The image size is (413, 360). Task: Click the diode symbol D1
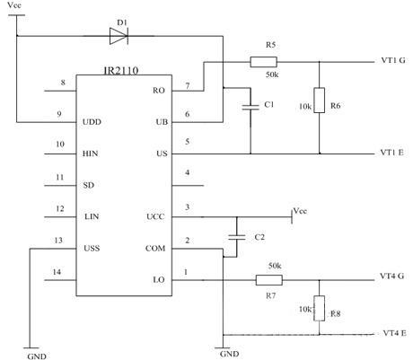tap(119, 36)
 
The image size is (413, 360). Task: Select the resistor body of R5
tap(263, 62)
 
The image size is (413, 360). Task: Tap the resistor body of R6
tap(319, 101)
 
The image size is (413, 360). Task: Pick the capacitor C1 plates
tap(250, 108)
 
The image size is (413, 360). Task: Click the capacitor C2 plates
tap(237, 238)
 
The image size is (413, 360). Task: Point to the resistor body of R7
tap(268, 280)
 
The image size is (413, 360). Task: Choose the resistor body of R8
tap(319, 308)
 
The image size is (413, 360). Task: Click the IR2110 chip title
tap(121, 71)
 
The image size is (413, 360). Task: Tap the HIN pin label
tap(90, 154)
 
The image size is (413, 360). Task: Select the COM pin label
tap(155, 249)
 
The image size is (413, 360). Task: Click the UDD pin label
tap(92, 122)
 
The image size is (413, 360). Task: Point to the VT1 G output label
tap(393, 60)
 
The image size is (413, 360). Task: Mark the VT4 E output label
tap(394, 333)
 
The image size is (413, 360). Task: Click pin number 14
tap(57, 272)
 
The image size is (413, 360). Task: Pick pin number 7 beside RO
tap(188, 86)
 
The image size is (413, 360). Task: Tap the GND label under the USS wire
tap(37, 356)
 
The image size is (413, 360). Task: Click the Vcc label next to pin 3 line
tap(300, 211)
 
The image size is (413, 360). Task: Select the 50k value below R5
tap(272, 75)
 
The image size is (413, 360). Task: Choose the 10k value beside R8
tap(305, 309)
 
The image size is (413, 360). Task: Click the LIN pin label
tap(92, 216)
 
